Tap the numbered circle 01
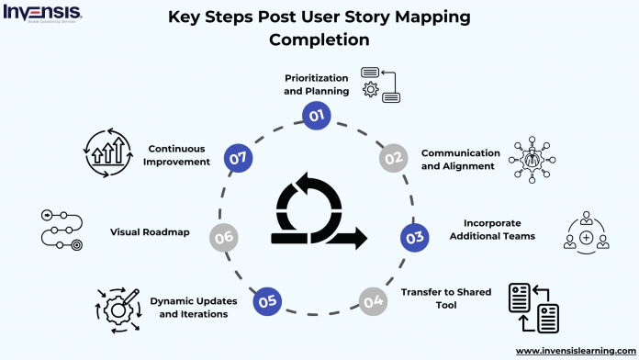coord(317,116)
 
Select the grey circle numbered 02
coord(394,158)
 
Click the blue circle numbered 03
coord(414,237)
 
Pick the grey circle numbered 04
coord(372,300)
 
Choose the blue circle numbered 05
coord(266,299)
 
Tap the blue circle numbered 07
coord(241,159)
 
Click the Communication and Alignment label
coord(460,158)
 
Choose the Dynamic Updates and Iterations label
coord(190,307)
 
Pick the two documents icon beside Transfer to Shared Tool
coord(534,309)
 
